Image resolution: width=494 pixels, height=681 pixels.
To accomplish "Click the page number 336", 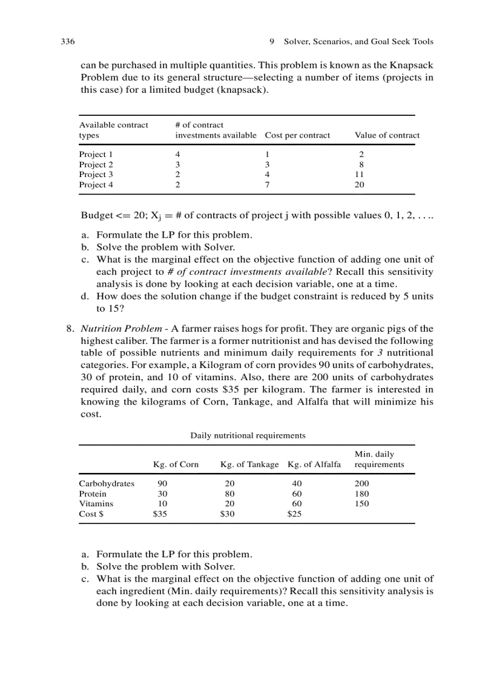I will click(67, 42).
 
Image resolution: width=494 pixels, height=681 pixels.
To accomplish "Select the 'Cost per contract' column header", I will click(297, 135).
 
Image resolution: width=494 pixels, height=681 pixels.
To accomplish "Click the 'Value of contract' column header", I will click(387, 135).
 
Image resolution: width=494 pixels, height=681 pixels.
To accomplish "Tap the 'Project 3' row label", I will click(96, 175).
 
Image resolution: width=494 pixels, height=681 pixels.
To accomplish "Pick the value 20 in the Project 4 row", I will click(360, 185).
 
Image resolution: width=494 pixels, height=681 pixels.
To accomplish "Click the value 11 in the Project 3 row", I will click(360, 175).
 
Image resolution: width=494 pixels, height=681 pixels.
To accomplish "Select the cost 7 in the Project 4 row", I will click(267, 185).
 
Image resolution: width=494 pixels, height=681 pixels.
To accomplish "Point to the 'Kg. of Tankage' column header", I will click(249, 465).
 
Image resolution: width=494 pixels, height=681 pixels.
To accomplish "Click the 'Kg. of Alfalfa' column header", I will click(314, 465).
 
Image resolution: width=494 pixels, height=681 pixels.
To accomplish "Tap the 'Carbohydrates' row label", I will click(107, 484).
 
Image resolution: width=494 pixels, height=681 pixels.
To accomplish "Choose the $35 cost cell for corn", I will click(160, 514).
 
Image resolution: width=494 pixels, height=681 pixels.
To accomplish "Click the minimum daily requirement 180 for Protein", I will click(361, 494).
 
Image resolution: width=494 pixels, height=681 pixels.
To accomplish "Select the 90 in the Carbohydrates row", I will click(162, 484).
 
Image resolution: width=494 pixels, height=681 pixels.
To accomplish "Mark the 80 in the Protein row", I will click(229, 494).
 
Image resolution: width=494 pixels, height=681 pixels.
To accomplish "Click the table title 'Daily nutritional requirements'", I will click(248, 435).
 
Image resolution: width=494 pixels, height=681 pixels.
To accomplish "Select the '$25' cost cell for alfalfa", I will click(294, 514).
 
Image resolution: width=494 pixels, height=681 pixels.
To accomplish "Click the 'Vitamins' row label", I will click(96, 503).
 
